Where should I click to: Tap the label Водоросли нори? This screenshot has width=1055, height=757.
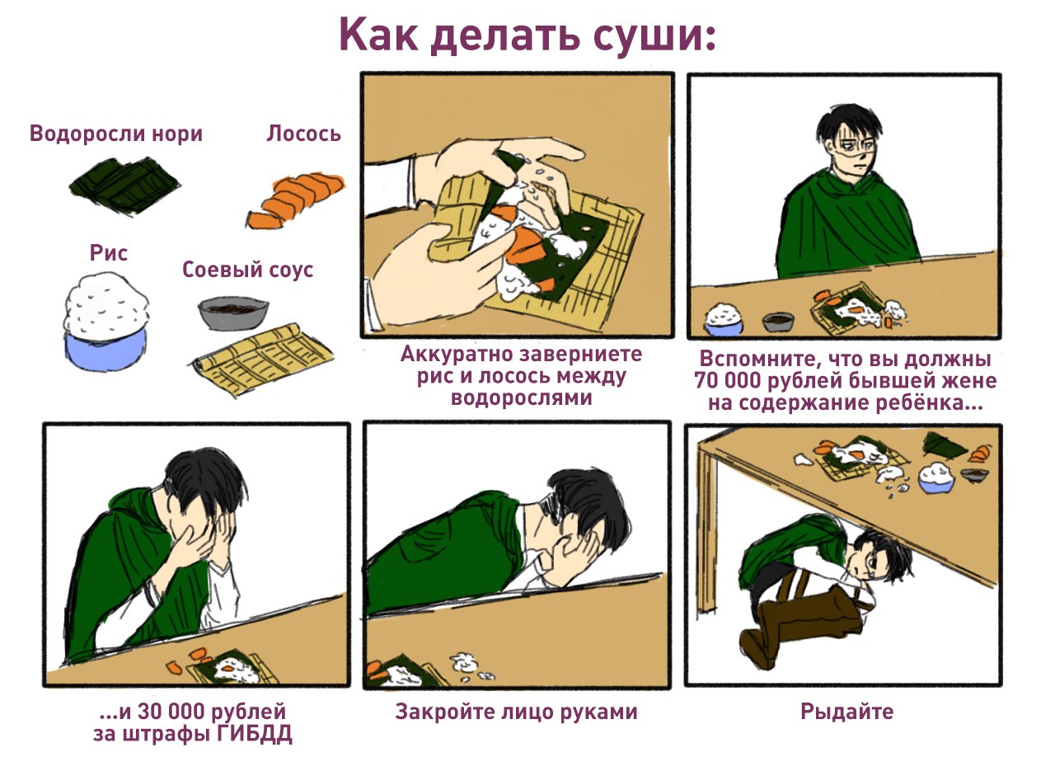[116, 134]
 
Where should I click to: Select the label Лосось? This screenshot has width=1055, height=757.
[304, 134]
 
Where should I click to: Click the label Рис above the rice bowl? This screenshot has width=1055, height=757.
[108, 253]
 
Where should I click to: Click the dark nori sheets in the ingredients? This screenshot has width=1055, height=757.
[125, 186]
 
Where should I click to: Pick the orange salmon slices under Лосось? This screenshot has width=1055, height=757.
[296, 201]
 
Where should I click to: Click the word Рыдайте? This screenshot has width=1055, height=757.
[846, 712]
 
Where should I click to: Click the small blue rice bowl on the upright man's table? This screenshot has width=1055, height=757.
[724, 320]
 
